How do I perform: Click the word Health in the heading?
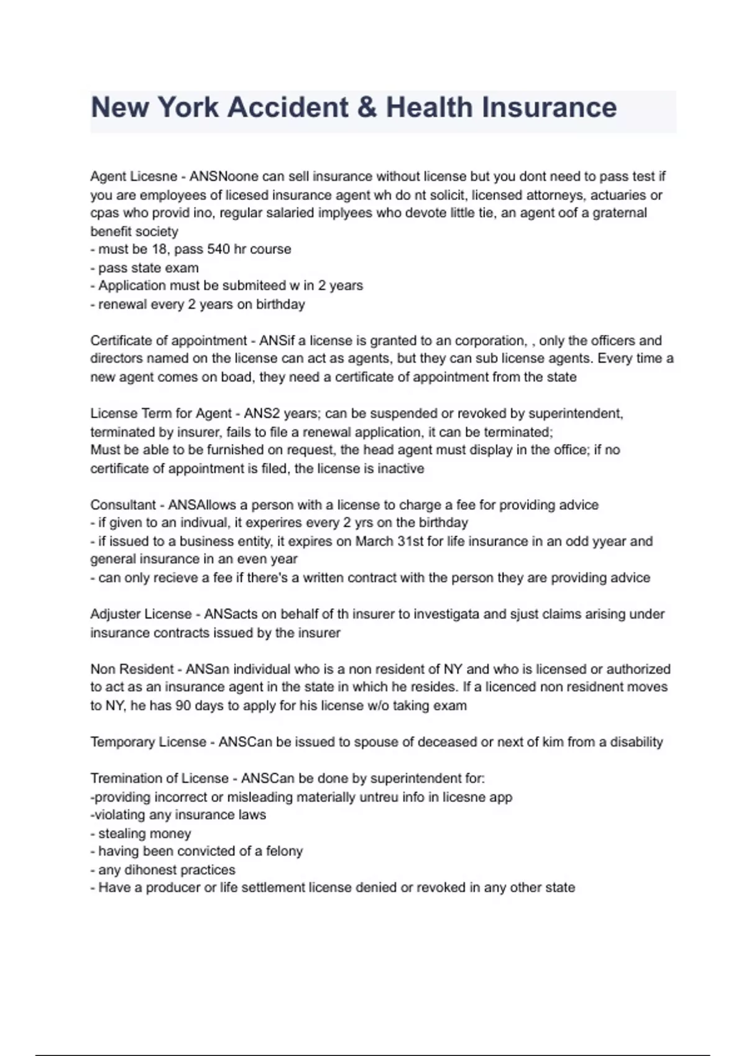[x=429, y=107]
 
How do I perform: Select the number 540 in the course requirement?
[x=218, y=249]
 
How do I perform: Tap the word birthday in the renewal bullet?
[x=280, y=304]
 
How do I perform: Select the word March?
[x=374, y=541]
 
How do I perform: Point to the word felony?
[x=284, y=851]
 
